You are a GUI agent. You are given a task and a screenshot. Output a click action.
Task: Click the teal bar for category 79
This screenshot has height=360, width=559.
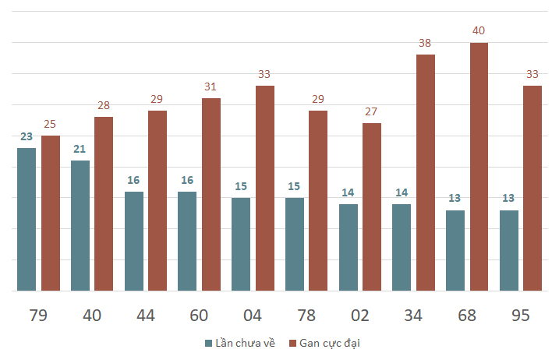pos(27,219)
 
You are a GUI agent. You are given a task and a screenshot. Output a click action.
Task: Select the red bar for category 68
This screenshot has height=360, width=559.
pos(479,167)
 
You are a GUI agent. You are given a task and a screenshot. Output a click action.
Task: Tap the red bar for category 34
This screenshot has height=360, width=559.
pos(426,172)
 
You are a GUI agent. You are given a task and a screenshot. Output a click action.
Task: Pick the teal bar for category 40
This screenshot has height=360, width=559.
pos(80,226)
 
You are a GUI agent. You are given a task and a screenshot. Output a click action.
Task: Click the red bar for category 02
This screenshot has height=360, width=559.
pos(372,206)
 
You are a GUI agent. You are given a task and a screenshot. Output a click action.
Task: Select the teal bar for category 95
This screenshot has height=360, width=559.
pos(509,251)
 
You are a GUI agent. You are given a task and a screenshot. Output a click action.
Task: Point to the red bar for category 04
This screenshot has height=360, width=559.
pos(265,189)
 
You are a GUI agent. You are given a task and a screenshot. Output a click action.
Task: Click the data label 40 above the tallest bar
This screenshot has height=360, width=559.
pos(479,30)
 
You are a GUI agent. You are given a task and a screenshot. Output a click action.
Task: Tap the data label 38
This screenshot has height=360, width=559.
pos(425,43)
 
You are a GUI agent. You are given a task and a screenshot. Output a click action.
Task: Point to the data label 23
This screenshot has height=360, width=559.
pos(27,136)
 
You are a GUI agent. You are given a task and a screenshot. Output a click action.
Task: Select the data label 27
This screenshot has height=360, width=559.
pos(371,111)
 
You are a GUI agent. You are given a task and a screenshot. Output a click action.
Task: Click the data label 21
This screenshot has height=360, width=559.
pos(80,149)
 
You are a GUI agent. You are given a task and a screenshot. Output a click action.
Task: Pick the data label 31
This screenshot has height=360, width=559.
pos(211,86)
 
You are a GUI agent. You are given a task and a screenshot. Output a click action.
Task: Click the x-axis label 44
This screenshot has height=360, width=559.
pos(146,316)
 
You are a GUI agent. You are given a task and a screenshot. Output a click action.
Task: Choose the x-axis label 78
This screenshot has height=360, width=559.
pos(306,316)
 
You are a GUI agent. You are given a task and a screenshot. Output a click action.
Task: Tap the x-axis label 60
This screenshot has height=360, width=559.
pos(199,316)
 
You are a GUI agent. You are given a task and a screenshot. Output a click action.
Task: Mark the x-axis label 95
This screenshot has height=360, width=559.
pos(521,316)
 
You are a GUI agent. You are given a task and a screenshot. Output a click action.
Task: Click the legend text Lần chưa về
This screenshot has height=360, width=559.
pos(246,343)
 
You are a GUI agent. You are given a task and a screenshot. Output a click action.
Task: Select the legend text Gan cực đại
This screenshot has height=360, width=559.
pos(330,344)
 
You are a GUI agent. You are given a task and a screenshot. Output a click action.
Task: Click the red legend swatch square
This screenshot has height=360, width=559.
pos(292,344)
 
